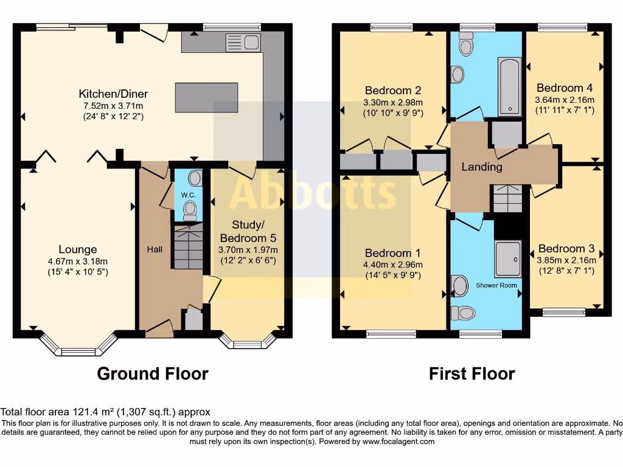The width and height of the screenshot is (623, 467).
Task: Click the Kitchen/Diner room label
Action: click(113, 94)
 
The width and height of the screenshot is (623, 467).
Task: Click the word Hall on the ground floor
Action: click(155, 249)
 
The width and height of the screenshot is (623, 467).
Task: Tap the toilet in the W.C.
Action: click(190, 210)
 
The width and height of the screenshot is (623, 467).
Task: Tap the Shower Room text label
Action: click(496, 285)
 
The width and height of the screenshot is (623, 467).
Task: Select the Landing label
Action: click(482, 167)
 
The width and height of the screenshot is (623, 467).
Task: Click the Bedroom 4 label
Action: click(565, 88)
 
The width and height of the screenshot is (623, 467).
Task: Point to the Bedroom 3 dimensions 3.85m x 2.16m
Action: click(566, 260)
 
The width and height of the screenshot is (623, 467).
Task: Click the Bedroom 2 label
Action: click(392, 91)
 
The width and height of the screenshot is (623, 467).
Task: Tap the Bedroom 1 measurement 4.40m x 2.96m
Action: click(393, 265)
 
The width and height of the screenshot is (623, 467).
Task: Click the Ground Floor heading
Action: click(153, 373)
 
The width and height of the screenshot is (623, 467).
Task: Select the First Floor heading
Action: click(472, 373)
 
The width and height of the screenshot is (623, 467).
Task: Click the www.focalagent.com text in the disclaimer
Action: click(399, 441)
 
